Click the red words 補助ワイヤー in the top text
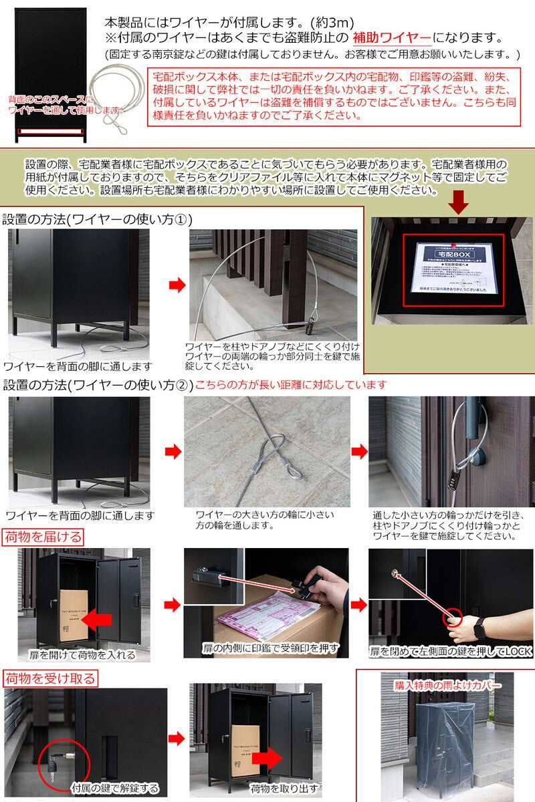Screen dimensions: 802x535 click(x=396, y=38)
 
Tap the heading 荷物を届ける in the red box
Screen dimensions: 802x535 click(x=43, y=537)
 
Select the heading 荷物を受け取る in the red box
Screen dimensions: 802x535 click(x=50, y=679)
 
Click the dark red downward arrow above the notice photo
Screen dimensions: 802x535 click(x=459, y=202)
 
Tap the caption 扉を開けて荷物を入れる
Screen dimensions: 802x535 click(x=82, y=654)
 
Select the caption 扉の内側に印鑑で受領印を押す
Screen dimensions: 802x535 click(x=271, y=648)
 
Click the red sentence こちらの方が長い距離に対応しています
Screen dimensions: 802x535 click(x=291, y=385)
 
